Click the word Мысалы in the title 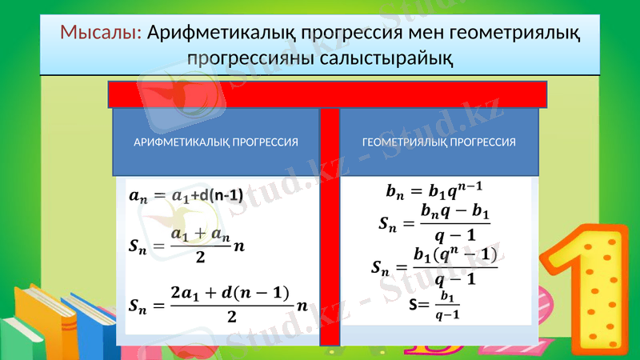100,33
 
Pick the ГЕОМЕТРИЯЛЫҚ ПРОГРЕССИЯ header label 439,142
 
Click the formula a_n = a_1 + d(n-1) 186,195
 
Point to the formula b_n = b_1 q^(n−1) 435,191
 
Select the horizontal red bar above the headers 328,94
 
